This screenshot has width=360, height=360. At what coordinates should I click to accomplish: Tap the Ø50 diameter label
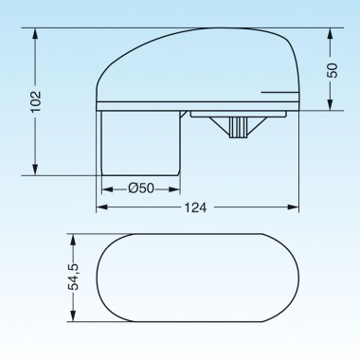pyautogui.click(x=140, y=188)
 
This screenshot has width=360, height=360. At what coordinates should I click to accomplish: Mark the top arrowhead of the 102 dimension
pyautogui.click(x=37, y=33)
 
